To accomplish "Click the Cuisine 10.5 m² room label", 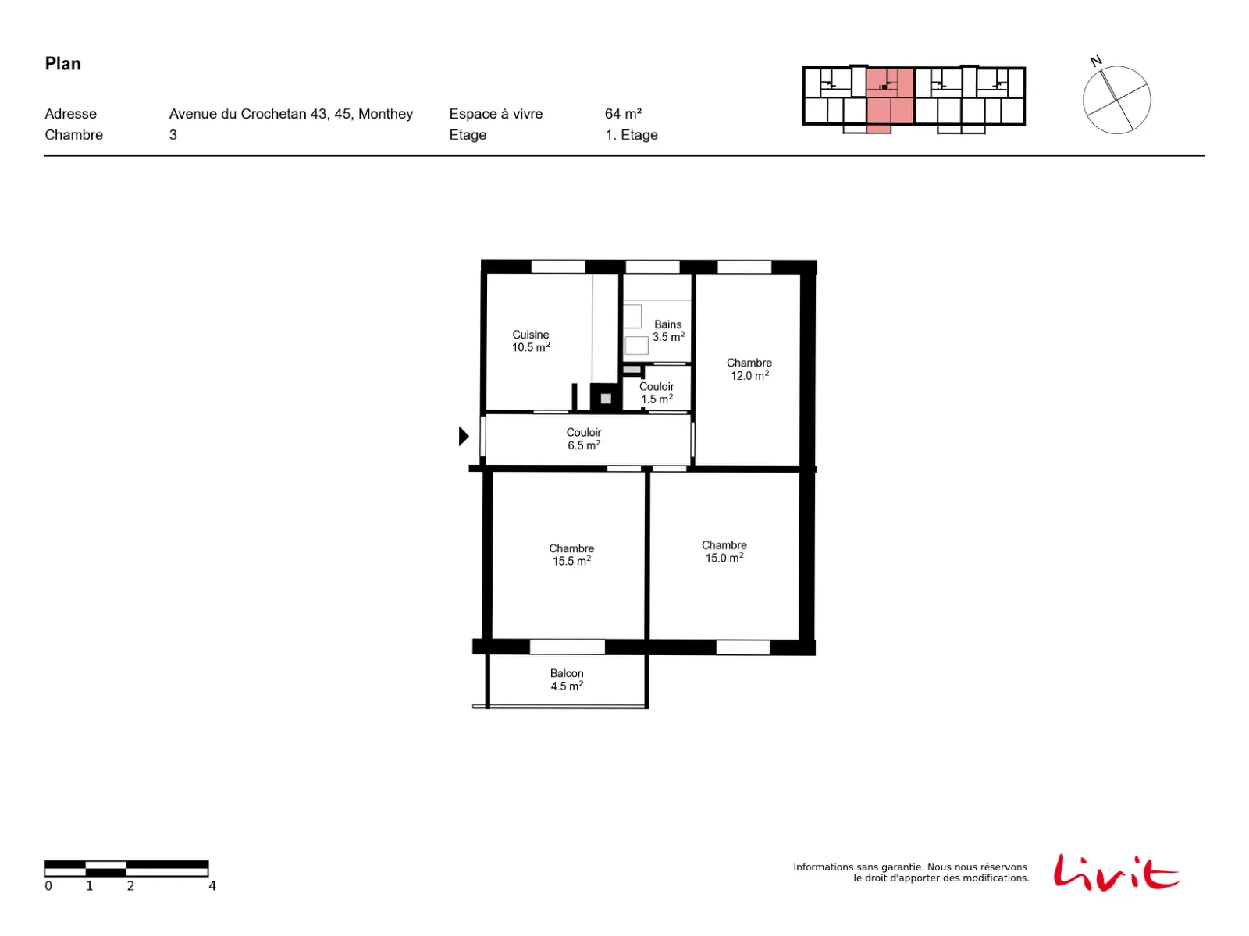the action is coord(530,340).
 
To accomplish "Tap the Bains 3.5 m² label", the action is coord(667,330).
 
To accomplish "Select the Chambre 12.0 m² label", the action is coord(749,369).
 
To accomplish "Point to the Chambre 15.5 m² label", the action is coord(571,554).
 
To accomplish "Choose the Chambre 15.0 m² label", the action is coord(724,551).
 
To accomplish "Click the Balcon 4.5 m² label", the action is coord(566,679).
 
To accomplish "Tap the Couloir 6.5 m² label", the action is coord(583,438).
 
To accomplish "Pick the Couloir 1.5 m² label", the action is coord(656,392).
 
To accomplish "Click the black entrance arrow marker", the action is coord(464,436).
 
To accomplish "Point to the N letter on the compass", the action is coord(1095,61).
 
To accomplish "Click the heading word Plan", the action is coord(62,64).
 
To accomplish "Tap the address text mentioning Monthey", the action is coord(290,114).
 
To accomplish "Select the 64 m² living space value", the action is coord(623,114).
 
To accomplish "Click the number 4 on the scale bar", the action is coord(212,885).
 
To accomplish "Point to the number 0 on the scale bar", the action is coord(48,885).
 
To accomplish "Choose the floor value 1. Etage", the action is coord(631,135).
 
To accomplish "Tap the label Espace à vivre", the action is coord(496,114).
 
